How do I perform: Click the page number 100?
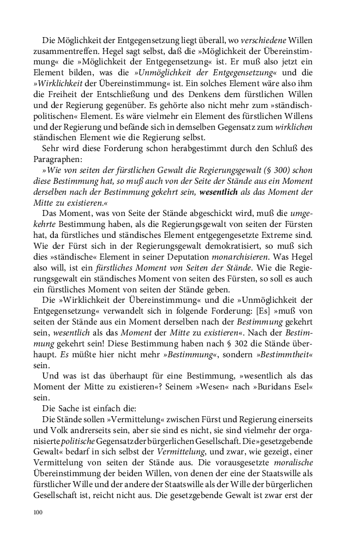(x=38, y=512)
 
